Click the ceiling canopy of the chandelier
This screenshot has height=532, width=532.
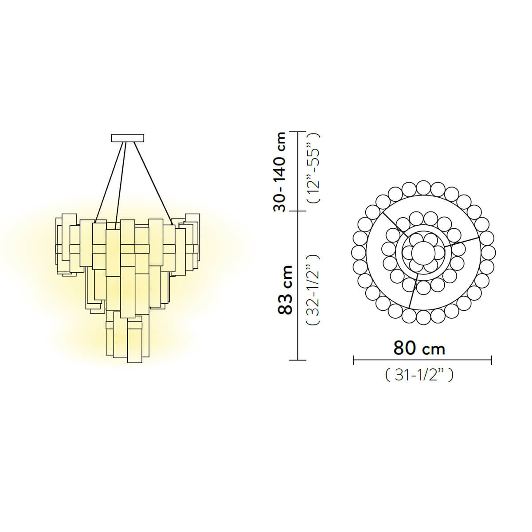(x=127, y=138)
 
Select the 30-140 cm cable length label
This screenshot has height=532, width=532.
(x=279, y=172)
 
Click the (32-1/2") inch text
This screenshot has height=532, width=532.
(x=313, y=289)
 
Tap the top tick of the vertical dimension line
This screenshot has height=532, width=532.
(x=297, y=132)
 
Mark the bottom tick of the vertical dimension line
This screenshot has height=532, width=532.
(x=297, y=360)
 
